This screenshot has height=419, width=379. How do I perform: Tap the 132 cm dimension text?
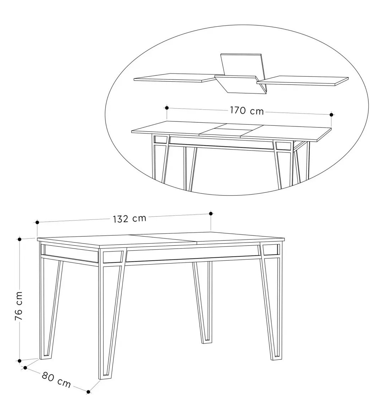click(130, 219)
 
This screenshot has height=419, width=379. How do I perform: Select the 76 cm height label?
click(19, 306)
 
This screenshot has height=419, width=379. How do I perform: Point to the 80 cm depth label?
click(56, 380)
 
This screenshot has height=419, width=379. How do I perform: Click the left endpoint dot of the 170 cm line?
click(167, 108)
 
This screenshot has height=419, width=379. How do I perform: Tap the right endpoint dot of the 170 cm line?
click(331, 115)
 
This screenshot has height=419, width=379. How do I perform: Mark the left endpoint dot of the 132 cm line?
click(37, 222)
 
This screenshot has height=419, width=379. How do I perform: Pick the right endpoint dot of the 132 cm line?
click(211, 213)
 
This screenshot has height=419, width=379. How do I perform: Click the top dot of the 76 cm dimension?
click(20, 239)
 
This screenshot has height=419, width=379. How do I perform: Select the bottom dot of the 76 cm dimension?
click(20, 361)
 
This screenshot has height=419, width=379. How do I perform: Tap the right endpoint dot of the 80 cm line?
click(88, 392)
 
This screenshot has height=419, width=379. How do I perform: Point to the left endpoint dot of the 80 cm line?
click(25, 368)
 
